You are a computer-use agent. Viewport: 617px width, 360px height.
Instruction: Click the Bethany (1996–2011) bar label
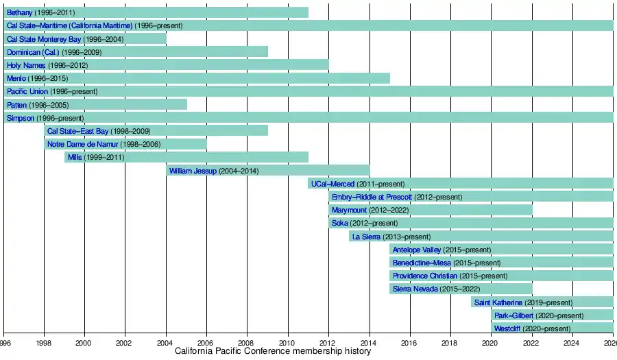tap(40, 12)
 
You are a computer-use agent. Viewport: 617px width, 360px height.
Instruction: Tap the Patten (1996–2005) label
tap(38, 105)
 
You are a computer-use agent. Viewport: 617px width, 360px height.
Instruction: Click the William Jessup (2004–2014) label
tap(213, 171)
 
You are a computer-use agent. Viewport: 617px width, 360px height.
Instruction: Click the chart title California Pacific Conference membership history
tap(273, 351)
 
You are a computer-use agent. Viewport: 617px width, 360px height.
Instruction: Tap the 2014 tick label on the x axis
tap(369, 342)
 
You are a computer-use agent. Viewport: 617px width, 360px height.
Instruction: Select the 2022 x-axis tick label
tap(532, 342)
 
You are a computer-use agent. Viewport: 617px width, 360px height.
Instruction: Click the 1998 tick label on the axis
tap(44, 342)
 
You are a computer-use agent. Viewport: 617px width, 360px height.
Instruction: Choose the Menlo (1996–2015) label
tap(37, 78)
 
